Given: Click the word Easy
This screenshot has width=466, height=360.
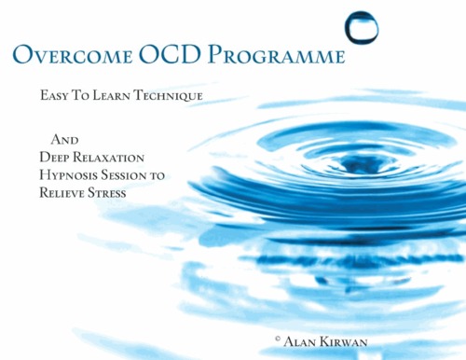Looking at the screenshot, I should tap(59, 96).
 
